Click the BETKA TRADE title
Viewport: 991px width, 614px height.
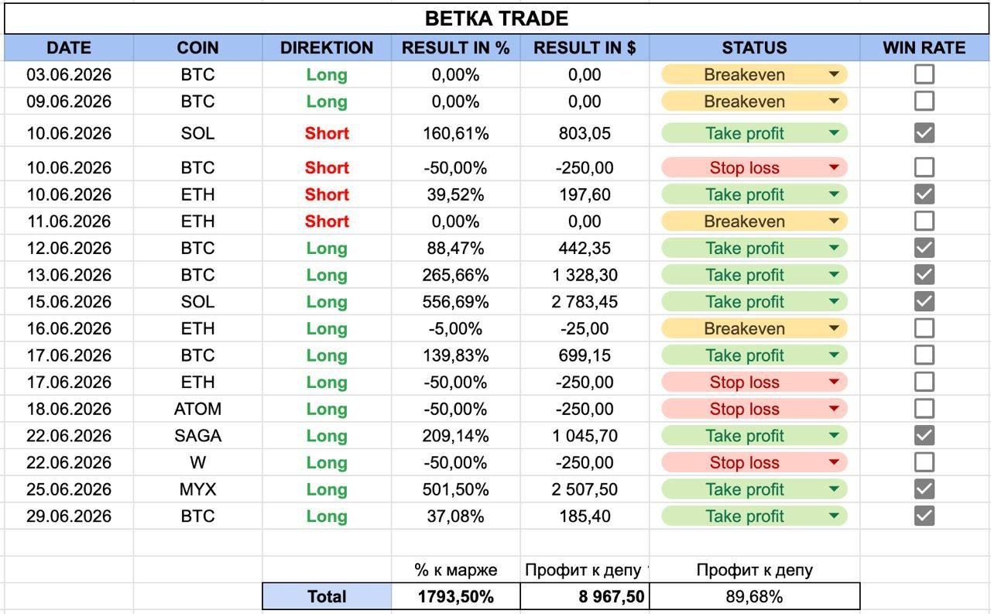click(x=496, y=19)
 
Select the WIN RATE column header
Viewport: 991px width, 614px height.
click(x=924, y=48)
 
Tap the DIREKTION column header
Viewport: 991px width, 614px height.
click(x=327, y=48)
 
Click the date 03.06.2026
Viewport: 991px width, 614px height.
click(x=69, y=75)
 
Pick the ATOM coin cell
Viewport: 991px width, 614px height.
click(x=197, y=409)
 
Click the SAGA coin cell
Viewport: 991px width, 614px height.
click(x=197, y=436)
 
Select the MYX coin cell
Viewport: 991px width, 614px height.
click(x=197, y=489)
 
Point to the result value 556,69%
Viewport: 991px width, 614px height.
click(x=456, y=302)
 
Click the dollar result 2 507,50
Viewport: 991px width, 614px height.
click(x=585, y=489)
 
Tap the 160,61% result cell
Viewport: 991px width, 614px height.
click(x=456, y=133)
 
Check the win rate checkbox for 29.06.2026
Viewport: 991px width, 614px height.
click(x=924, y=516)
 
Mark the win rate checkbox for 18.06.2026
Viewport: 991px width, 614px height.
click(x=924, y=409)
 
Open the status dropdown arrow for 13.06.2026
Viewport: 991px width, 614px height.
click(x=834, y=275)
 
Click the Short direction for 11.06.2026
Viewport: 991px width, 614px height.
click(x=327, y=221)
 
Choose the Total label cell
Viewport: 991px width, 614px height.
click(x=327, y=596)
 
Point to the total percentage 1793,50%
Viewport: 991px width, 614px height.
click(x=456, y=596)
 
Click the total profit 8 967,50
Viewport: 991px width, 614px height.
click(x=612, y=596)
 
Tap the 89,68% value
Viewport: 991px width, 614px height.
click(x=754, y=596)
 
